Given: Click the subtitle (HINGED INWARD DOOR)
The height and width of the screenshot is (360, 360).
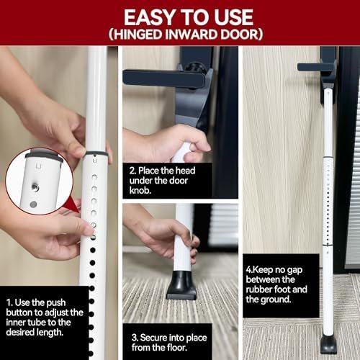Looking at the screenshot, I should [180, 34].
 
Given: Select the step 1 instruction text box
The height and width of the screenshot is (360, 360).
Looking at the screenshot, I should [45, 317].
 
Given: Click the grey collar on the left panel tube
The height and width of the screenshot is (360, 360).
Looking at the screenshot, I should [94, 153].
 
